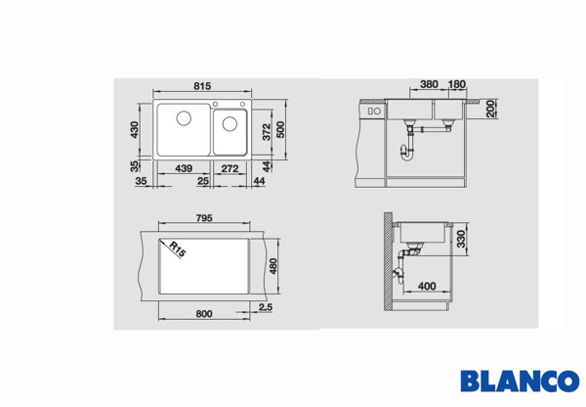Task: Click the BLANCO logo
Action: [520, 381]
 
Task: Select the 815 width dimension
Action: [202, 86]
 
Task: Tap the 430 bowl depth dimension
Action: [134, 129]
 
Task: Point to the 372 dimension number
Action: [266, 132]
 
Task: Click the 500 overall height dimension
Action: [280, 130]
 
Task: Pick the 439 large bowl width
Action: [184, 168]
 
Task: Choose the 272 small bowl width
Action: [230, 168]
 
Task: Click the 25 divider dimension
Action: [203, 181]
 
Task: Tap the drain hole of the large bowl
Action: [184, 118]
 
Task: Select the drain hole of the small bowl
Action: [230, 124]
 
